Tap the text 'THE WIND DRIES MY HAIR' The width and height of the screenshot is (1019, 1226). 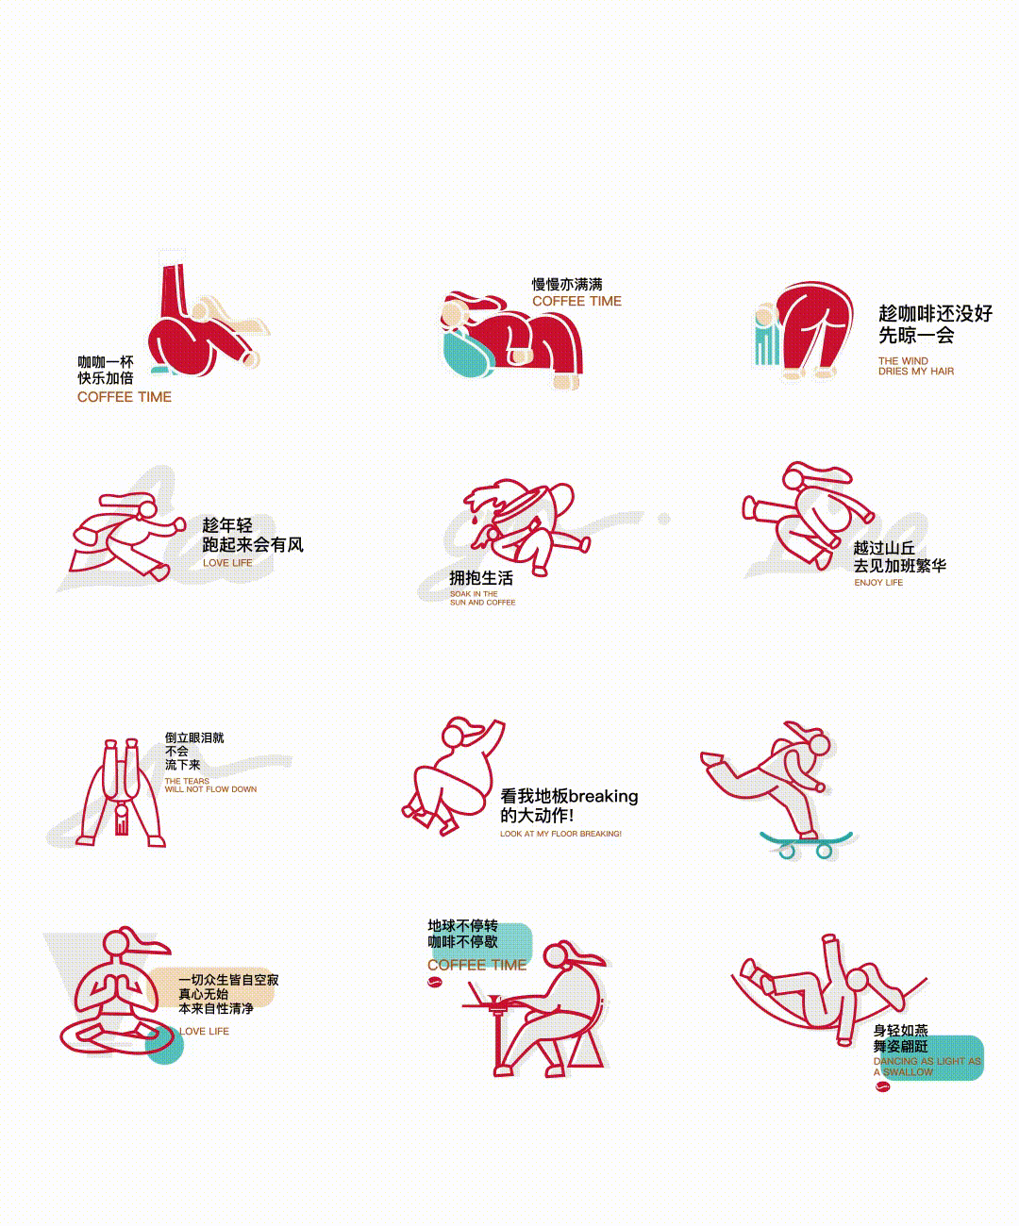click(x=915, y=366)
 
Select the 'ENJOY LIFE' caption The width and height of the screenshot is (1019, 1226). click(x=878, y=583)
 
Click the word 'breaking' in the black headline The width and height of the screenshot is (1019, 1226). click(x=603, y=796)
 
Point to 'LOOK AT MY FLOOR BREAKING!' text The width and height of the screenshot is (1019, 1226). click(x=560, y=834)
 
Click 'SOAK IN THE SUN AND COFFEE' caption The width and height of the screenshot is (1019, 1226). click(x=482, y=598)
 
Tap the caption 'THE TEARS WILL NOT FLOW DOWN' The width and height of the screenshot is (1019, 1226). click(x=209, y=786)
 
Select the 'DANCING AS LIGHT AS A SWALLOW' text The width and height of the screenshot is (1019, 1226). click(x=927, y=1067)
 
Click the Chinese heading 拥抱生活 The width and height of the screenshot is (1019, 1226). click(x=481, y=578)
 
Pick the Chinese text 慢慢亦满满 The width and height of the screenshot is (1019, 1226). click(x=567, y=284)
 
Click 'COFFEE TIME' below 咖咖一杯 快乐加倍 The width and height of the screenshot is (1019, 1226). click(x=125, y=397)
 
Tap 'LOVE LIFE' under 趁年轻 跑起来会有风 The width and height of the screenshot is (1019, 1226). click(x=227, y=563)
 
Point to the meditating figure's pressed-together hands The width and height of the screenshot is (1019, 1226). click(x=118, y=989)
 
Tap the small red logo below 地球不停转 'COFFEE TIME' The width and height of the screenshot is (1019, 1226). click(x=435, y=983)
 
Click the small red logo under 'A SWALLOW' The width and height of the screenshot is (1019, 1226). click(x=882, y=1086)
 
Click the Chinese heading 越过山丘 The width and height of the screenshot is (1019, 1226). click(x=884, y=548)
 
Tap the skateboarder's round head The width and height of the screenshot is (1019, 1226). click(x=819, y=745)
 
